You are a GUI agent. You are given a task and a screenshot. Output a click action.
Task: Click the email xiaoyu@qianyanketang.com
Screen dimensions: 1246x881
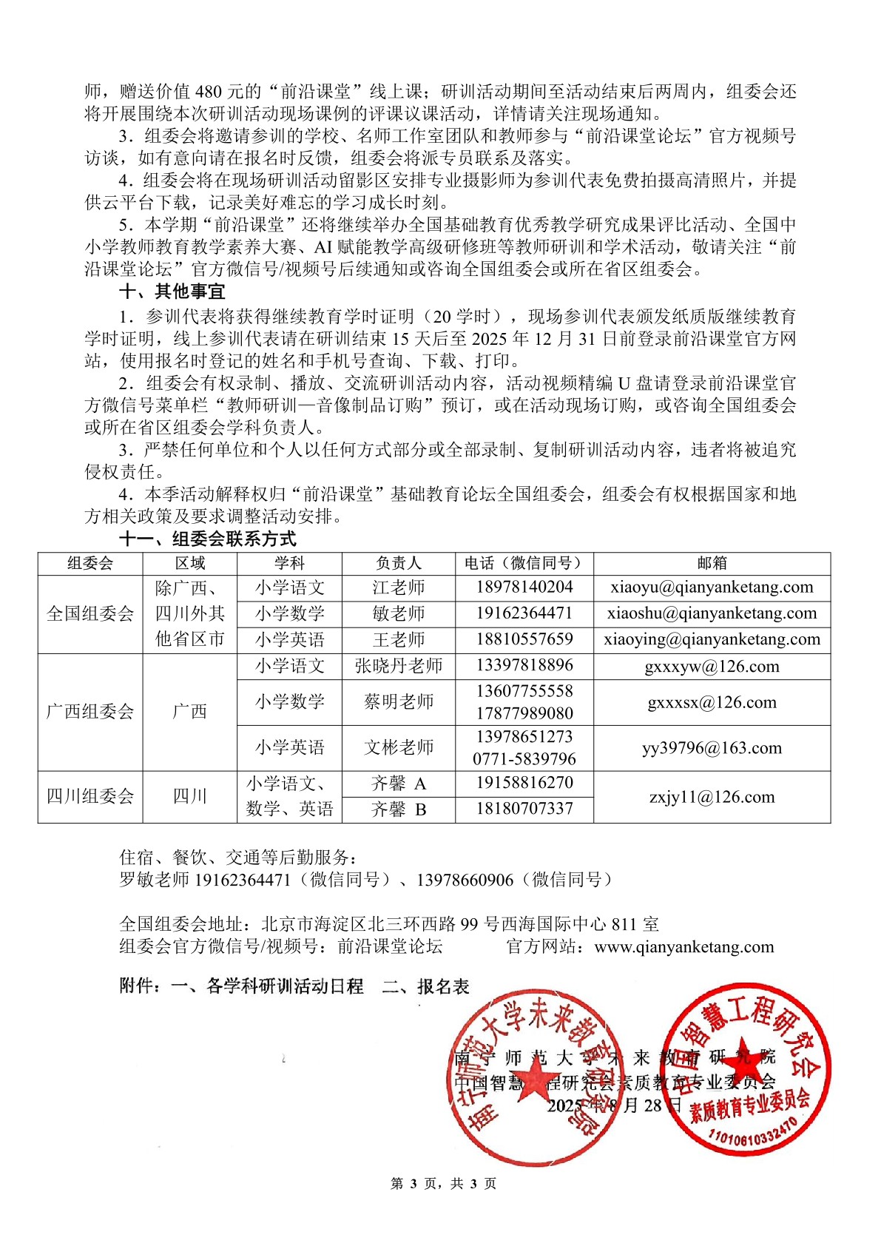712,587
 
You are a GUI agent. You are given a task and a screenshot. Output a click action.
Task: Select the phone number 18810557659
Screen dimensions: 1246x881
524,639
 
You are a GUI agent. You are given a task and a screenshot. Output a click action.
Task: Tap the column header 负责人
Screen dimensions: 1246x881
398,563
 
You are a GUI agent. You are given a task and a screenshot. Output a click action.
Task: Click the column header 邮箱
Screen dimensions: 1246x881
712,563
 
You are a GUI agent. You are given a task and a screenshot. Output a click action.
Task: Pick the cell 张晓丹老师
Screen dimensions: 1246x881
398,666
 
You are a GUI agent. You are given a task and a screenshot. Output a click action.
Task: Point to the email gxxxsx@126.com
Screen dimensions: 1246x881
712,702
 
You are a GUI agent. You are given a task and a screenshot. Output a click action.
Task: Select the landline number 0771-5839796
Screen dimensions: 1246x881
524,759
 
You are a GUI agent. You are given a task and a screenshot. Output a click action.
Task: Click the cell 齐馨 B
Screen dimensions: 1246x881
398,809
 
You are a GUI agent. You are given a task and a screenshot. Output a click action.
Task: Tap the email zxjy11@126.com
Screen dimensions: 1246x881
712,797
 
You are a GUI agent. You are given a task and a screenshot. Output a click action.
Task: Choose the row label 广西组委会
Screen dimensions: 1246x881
90,712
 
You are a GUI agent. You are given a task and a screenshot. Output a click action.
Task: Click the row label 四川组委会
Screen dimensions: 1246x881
90,797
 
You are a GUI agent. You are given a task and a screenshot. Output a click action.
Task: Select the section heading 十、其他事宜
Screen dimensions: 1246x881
172,292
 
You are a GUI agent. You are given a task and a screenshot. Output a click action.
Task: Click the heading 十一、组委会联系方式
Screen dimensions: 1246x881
207,539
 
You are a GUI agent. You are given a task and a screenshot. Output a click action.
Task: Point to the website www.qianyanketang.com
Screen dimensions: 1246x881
684,947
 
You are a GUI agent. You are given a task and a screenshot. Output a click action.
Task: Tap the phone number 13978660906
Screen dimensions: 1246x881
465,880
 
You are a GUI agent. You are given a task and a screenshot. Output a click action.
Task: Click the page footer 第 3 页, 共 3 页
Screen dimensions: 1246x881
443,1184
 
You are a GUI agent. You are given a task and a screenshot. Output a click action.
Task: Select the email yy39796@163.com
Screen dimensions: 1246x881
712,748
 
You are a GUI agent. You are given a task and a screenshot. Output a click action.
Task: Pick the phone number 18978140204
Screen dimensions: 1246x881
524,587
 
